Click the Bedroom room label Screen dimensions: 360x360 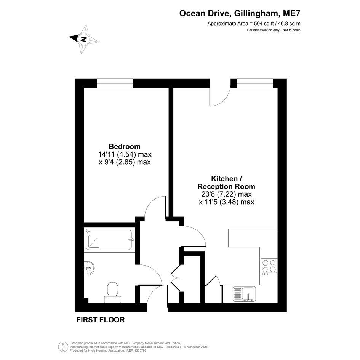point(125,146)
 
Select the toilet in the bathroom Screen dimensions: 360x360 point(112,293)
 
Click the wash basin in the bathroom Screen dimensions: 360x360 point(89,268)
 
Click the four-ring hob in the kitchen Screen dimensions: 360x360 point(269,267)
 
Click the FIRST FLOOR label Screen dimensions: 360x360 point(101,320)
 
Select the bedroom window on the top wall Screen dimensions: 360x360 point(115,83)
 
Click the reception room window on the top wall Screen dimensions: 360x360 point(255,83)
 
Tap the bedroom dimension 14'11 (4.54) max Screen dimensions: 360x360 point(125,154)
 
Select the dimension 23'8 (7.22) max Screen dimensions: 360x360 point(226,194)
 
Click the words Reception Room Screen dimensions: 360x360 point(226,186)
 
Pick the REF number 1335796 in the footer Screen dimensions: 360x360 point(141,350)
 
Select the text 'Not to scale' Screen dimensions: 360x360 point(291,30)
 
